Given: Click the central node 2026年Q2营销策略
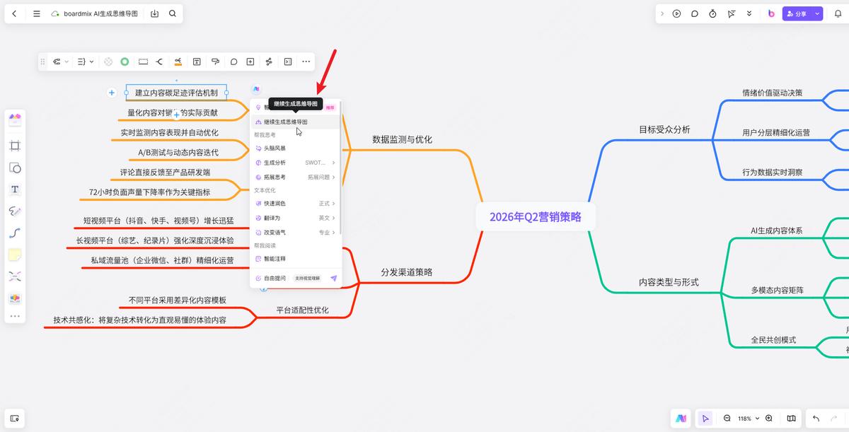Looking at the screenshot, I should pos(535,216).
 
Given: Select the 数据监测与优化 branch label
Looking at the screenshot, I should pos(402,139).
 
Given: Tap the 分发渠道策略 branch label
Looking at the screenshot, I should pos(406,272).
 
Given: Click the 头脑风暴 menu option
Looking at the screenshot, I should pos(275,148).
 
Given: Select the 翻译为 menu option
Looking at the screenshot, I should pos(272,218).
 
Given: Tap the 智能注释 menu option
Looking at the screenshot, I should pos(275,259).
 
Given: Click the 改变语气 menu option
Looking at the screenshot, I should pos(275,232).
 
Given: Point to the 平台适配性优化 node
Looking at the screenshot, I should pos(302,310).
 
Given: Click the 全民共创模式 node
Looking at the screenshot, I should pos(773,339).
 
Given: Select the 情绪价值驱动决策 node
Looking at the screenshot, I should pos(772,93).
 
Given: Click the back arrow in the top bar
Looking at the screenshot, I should pos(14,13).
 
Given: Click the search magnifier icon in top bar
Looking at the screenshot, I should pos(173,13).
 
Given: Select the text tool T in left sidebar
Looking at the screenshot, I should pos(15,189).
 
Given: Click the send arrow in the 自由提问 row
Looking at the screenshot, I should pos(334,279).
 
